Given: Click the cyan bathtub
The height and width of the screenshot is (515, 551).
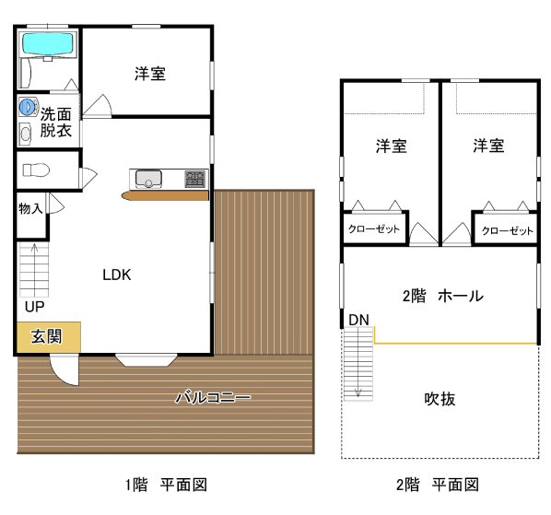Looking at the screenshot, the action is click(x=48, y=43).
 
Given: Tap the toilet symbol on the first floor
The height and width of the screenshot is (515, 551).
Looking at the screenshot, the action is click(x=36, y=170).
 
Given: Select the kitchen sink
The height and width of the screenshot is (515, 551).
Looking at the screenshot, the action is click(x=148, y=179).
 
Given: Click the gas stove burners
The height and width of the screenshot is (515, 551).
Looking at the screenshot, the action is click(x=195, y=179).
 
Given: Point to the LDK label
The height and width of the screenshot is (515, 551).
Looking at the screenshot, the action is click(x=117, y=275).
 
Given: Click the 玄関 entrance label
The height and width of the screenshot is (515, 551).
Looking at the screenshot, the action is click(x=46, y=336).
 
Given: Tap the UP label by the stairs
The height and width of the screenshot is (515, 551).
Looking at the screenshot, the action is click(x=34, y=307).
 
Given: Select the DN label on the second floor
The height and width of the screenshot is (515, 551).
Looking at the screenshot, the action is click(x=358, y=320).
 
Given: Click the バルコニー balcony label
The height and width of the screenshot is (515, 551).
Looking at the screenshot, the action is click(x=213, y=397).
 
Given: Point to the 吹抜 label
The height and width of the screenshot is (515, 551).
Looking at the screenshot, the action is click(x=440, y=399).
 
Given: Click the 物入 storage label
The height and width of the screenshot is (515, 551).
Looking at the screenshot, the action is click(x=31, y=208).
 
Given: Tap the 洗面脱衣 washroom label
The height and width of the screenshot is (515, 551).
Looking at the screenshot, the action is click(x=56, y=123).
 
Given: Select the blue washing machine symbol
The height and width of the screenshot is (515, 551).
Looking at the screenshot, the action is click(x=28, y=107).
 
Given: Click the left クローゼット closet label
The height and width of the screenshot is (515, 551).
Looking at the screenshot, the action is click(x=374, y=229).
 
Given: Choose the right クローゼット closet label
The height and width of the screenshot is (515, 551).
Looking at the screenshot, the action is click(x=508, y=230).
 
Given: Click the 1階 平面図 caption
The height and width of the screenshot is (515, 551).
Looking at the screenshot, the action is click(x=166, y=485).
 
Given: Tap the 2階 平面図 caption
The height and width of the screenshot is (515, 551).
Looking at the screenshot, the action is click(x=438, y=485).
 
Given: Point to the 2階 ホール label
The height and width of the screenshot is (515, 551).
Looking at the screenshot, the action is click(x=443, y=296).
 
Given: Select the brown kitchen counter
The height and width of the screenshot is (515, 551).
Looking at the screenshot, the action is click(x=165, y=195).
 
